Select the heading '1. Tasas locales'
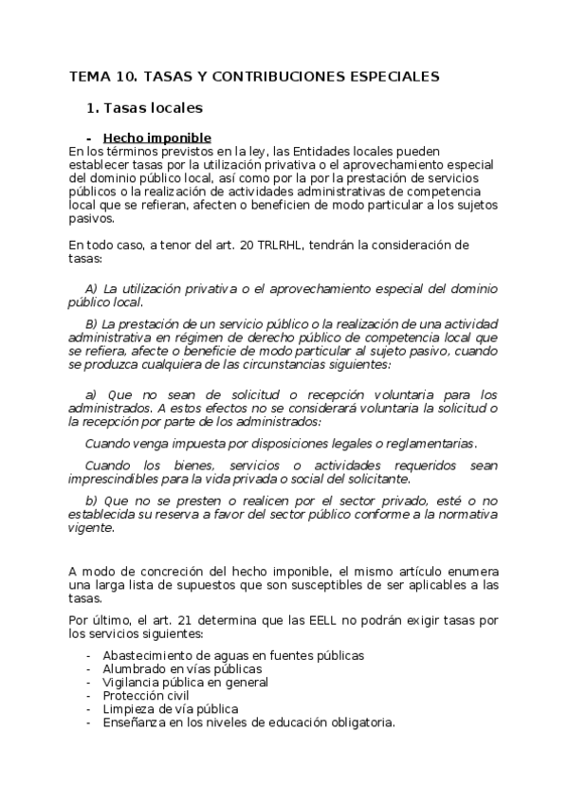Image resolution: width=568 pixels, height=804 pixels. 144,108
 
